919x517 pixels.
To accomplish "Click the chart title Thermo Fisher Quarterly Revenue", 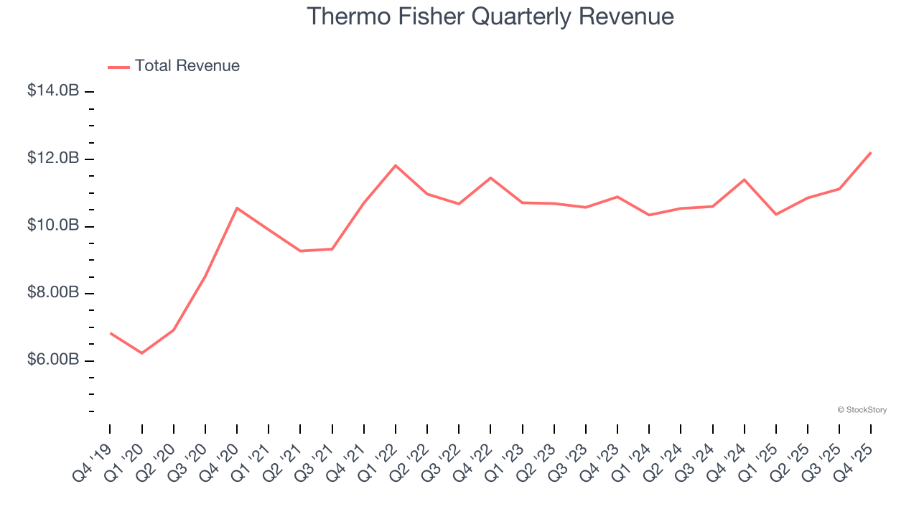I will pos(490,17).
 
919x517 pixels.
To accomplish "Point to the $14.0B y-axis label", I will pos(53,91).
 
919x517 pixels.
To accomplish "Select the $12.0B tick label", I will pos(53,158).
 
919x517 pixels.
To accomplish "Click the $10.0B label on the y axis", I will pos(53,225).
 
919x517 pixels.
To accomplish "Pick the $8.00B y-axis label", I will pos(53,292).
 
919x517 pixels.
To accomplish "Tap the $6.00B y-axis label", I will pos(53,359).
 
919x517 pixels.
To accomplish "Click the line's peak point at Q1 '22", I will pos(396,166).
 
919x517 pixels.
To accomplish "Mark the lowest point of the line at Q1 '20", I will pos(142,353).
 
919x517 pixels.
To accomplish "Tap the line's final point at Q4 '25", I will pos(871,152).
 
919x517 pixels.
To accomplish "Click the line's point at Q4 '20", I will pos(237,208).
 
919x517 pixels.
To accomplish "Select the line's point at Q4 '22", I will pos(490,177).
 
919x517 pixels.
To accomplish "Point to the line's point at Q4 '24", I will pos(745,180).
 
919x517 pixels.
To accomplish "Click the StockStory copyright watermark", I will pos(862,410).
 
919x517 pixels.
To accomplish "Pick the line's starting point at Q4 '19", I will pos(111,332).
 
